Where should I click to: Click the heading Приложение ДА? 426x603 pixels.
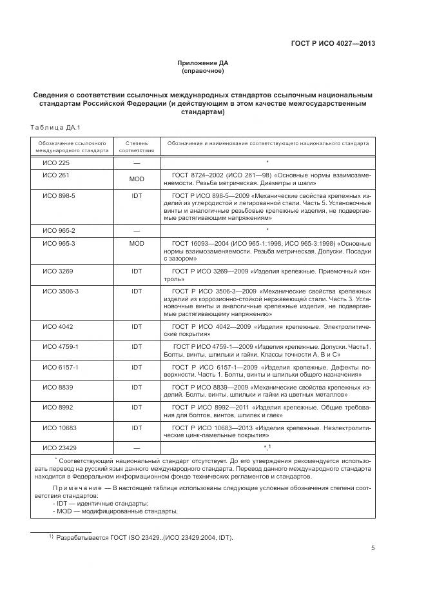(203, 63)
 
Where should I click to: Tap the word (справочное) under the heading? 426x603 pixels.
(203, 72)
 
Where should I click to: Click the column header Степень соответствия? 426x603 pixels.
(136, 146)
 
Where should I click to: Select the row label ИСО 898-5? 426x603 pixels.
(59, 196)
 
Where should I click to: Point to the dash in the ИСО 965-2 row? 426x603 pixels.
(136, 230)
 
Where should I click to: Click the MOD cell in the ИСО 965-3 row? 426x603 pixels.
(136, 243)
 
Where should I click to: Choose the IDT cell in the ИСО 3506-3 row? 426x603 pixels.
(136, 292)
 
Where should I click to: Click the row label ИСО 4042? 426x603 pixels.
(57, 327)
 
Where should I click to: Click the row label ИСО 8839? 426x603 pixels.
(57, 387)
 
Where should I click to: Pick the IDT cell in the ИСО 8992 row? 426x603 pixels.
(136, 407)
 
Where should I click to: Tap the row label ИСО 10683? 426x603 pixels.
(59, 427)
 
